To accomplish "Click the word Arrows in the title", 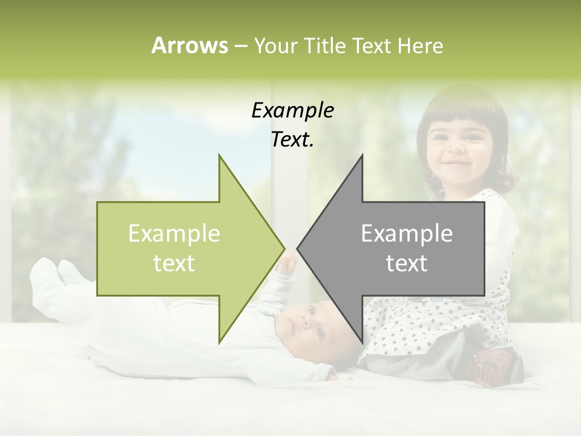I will pos(189,45).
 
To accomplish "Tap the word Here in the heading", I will pos(420,45).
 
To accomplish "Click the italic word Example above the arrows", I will pos(292,111).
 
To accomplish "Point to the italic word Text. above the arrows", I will pos(292,140).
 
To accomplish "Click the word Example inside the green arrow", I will pos(174,234).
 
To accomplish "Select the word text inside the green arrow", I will pos(174,263).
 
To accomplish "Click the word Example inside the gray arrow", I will pos(407,234).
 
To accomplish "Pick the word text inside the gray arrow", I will pos(407,263).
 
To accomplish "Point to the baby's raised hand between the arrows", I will pos(287,263).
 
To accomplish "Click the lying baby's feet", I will pos(57,272).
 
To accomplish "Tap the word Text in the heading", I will pos(372,45).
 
